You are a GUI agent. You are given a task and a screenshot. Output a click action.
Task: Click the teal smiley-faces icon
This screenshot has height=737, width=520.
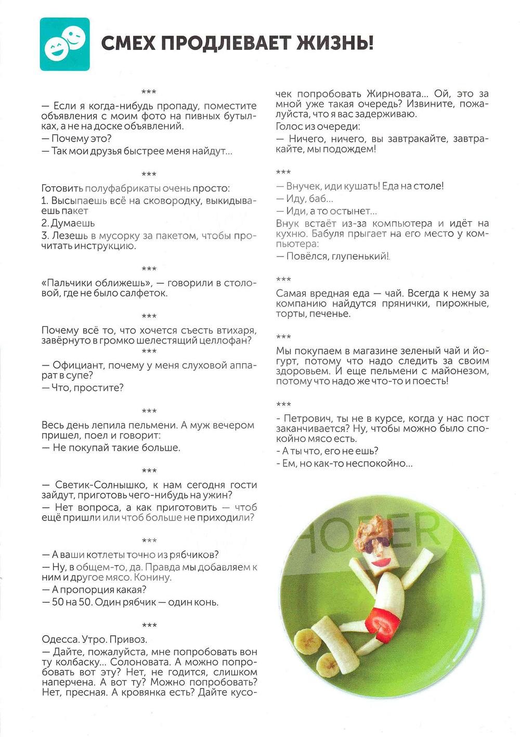pyautogui.click(x=65, y=44)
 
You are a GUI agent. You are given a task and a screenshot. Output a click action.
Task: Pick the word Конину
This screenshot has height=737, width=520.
pyautogui.click(x=152, y=578)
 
